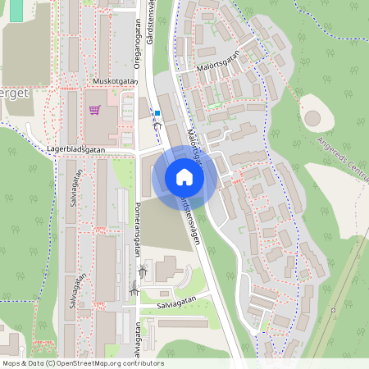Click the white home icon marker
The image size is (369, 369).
(184, 177)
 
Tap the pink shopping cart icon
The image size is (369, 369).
(94, 109)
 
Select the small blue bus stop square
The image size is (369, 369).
(158, 113)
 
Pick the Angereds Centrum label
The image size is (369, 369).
(337, 161)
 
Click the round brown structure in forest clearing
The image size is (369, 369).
(312, 117)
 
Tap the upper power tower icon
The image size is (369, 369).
(143, 270)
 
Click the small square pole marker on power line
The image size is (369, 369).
(333, 310)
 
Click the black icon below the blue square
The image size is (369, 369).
(158, 125)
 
